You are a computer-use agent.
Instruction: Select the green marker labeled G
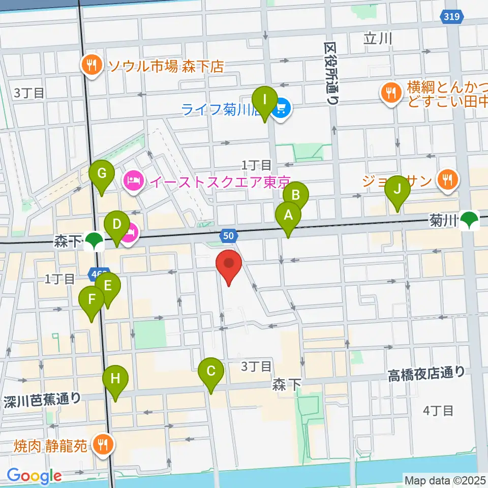[x=101, y=174]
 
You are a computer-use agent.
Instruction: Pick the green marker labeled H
[x=115, y=379]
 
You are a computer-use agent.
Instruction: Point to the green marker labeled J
[x=397, y=190]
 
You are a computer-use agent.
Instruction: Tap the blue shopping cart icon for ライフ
[x=281, y=108]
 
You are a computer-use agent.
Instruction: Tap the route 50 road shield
[x=229, y=235]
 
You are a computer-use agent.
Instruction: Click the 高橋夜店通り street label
[x=426, y=374]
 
